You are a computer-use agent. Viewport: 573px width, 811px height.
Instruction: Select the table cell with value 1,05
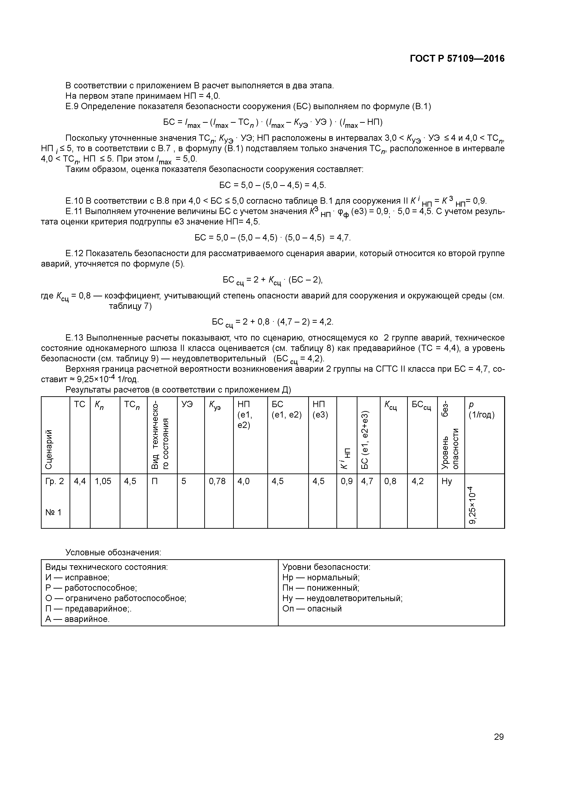[103, 481]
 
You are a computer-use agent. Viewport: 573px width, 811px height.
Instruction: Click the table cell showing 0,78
[217, 481]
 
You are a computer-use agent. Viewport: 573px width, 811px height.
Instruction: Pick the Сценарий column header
[49, 449]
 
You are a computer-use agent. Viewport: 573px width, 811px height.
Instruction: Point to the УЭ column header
[187, 404]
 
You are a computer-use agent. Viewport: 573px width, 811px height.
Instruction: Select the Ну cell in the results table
[447, 481]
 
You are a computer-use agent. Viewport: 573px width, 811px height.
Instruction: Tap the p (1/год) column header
[481, 410]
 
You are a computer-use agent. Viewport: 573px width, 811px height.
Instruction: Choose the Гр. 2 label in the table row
[55, 481]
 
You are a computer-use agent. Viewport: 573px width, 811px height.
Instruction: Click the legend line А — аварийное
[77, 619]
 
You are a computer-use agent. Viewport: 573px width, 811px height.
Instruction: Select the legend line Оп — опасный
[312, 609]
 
